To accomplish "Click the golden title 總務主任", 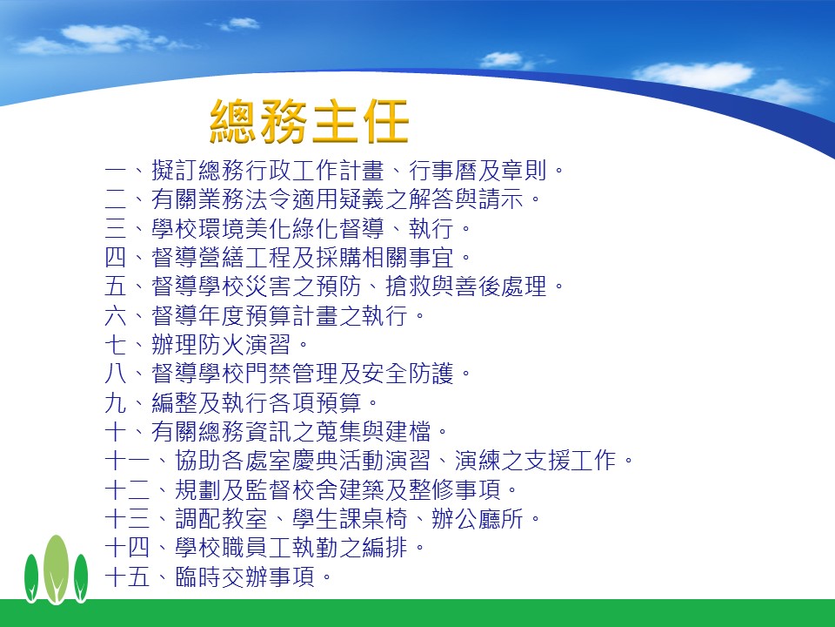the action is pyautogui.click(x=310, y=122).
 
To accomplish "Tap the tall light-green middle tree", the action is pyautogui.click(x=56, y=570).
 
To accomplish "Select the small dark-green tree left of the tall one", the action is pyautogui.click(x=31, y=578).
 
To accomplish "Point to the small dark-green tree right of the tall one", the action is pyautogui.click(x=81, y=578).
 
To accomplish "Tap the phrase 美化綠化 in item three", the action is pyautogui.click(x=291, y=229).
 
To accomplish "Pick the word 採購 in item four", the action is pyautogui.click(x=338, y=258).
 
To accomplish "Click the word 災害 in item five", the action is pyautogui.click(x=268, y=287).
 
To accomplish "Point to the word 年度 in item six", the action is pyautogui.click(x=221, y=315).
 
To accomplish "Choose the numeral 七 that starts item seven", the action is pyautogui.click(x=116, y=345).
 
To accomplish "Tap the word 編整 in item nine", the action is pyautogui.click(x=174, y=402).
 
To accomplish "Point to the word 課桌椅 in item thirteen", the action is pyautogui.click(x=373, y=518).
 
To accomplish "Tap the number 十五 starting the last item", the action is pyautogui.click(x=127, y=576).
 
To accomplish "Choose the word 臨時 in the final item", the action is pyautogui.click(x=197, y=576).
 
